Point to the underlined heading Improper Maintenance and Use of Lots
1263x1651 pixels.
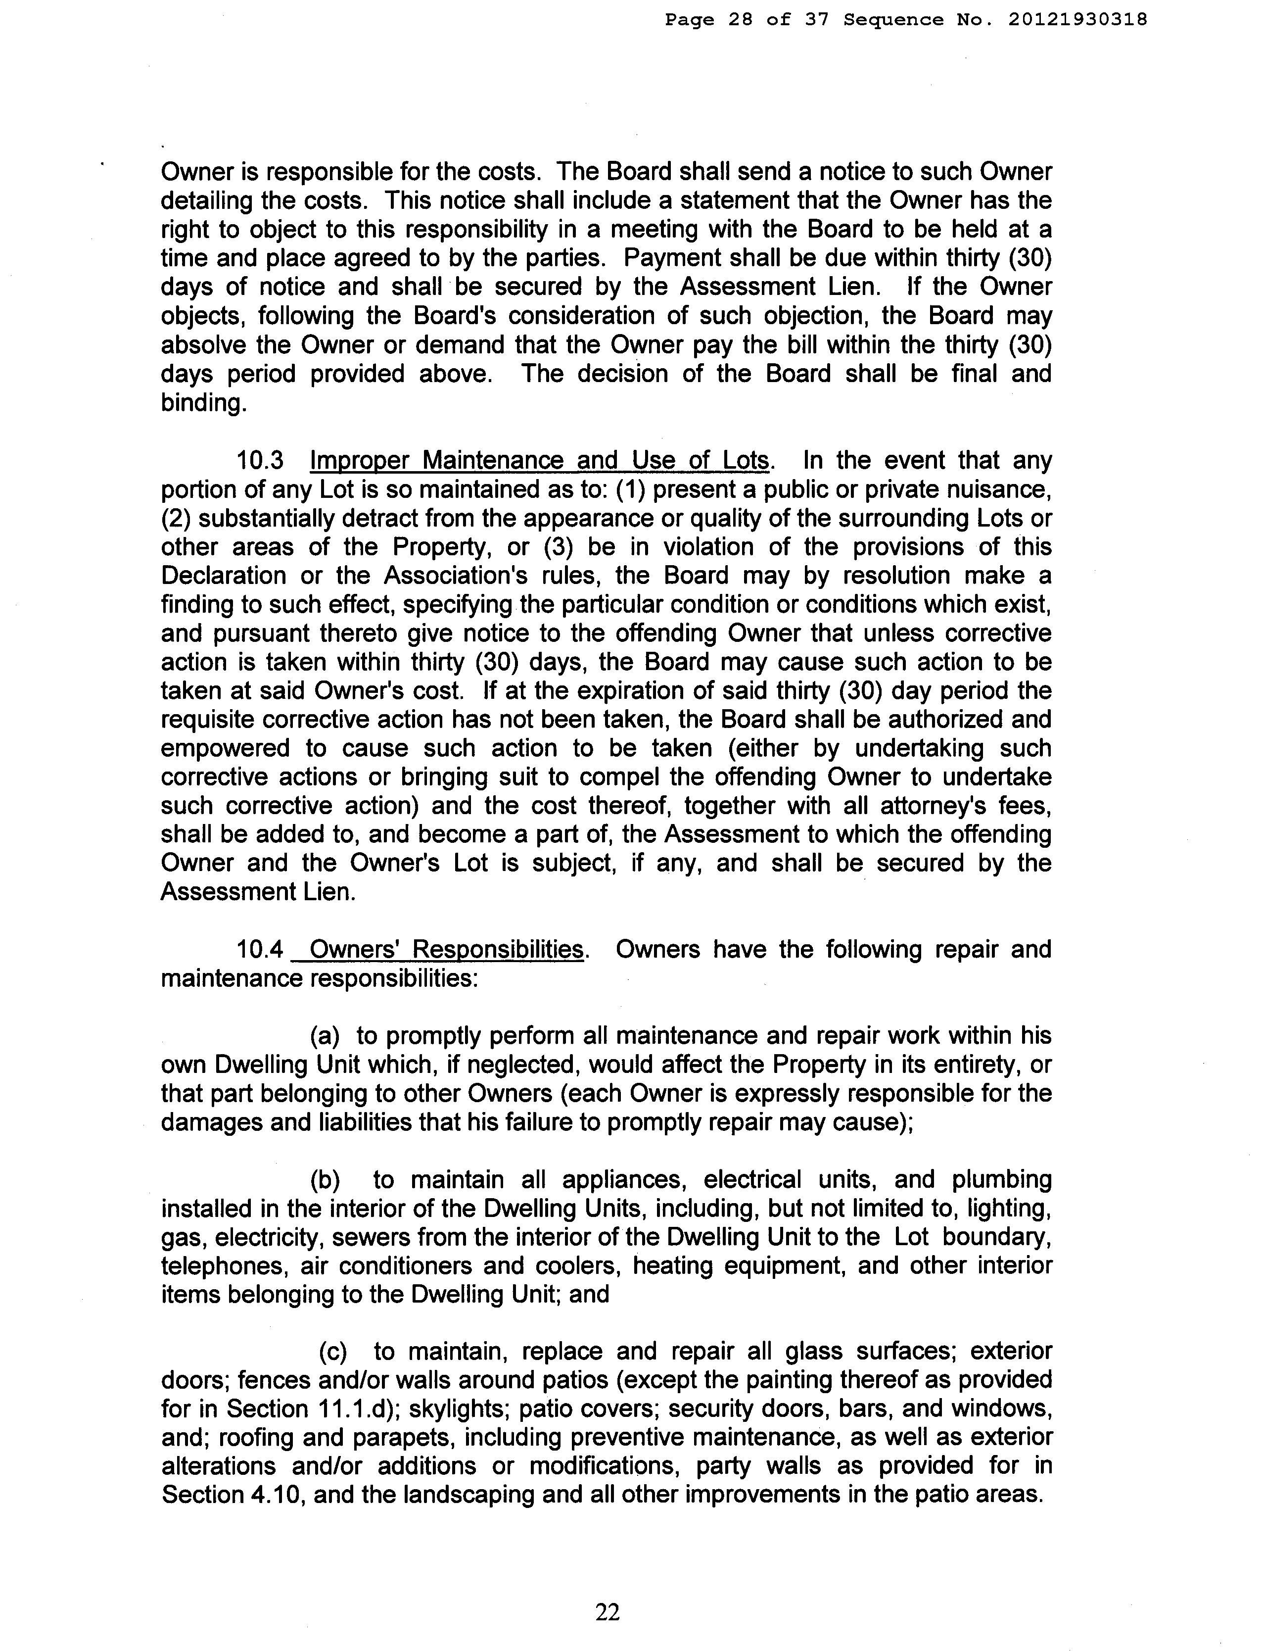539,460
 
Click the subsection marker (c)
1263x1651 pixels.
333,1351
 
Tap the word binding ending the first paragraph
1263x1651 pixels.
202,403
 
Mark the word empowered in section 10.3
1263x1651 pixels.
225,748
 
